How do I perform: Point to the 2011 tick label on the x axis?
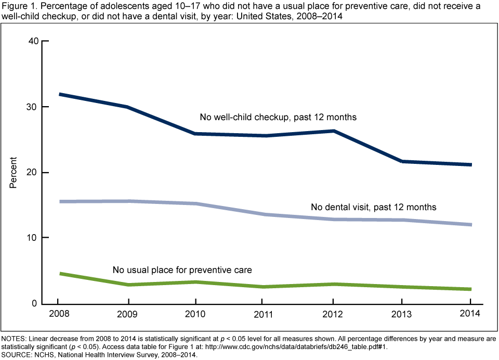point(264,314)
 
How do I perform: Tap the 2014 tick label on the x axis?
point(470,314)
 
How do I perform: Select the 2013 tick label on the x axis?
point(401,314)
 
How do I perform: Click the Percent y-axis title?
point(14,172)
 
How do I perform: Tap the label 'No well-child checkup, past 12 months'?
point(278,117)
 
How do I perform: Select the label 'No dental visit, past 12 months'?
point(373,207)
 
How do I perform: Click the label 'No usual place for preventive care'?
point(182,270)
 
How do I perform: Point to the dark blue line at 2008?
point(59,94)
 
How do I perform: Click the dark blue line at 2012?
point(333,131)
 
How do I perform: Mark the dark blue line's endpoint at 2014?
point(470,165)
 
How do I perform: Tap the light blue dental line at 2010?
point(195,203)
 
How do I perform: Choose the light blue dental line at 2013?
point(401,220)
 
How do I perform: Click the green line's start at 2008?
point(59,273)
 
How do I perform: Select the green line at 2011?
point(264,287)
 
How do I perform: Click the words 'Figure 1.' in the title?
point(17,6)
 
